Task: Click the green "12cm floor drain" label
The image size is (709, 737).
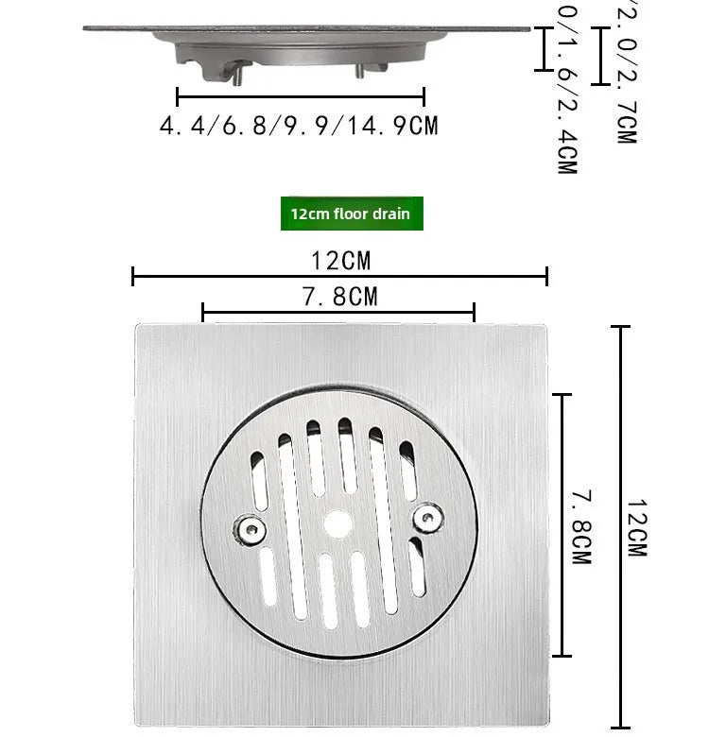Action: coord(351,214)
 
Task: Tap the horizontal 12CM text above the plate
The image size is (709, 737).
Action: coord(340,259)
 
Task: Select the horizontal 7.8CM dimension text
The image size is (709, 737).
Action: coord(339,297)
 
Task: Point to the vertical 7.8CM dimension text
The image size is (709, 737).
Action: coord(579,526)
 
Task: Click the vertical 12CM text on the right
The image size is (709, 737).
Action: coord(636,526)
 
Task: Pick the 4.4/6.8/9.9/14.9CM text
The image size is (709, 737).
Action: coord(299,126)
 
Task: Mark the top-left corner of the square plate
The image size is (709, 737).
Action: coord(137,327)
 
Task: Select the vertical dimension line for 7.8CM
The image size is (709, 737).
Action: coord(563,524)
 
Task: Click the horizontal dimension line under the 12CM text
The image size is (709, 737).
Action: coord(339,276)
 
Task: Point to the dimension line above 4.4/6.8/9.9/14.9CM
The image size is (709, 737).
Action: coord(301,95)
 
